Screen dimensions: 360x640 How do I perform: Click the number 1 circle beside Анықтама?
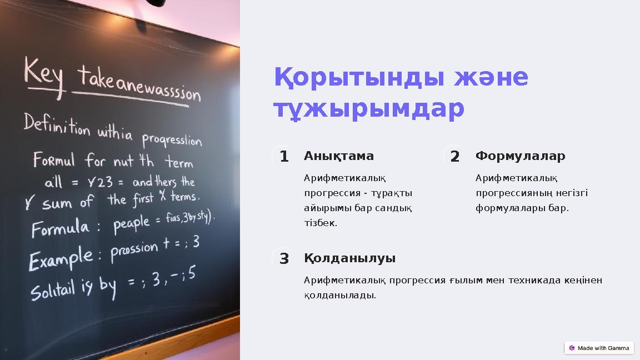pos(284,157)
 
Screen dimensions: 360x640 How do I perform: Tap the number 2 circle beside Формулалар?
pos(455,157)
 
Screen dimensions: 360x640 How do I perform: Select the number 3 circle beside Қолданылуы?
pos(284,259)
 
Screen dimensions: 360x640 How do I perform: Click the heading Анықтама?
pos(338,156)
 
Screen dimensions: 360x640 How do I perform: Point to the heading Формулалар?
pos(520,156)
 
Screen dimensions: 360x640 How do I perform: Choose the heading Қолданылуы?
pos(349,258)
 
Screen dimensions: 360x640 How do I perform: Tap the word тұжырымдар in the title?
pos(368,109)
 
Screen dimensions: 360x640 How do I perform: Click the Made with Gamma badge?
pos(599,348)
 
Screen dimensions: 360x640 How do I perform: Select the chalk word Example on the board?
pos(61,258)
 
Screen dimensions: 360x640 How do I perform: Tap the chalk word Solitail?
pos(52,291)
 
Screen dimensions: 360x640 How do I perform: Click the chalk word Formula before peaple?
pos(60,227)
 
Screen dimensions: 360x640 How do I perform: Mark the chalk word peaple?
pos(132,223)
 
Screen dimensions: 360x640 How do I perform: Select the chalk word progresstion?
pos(172,139)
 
